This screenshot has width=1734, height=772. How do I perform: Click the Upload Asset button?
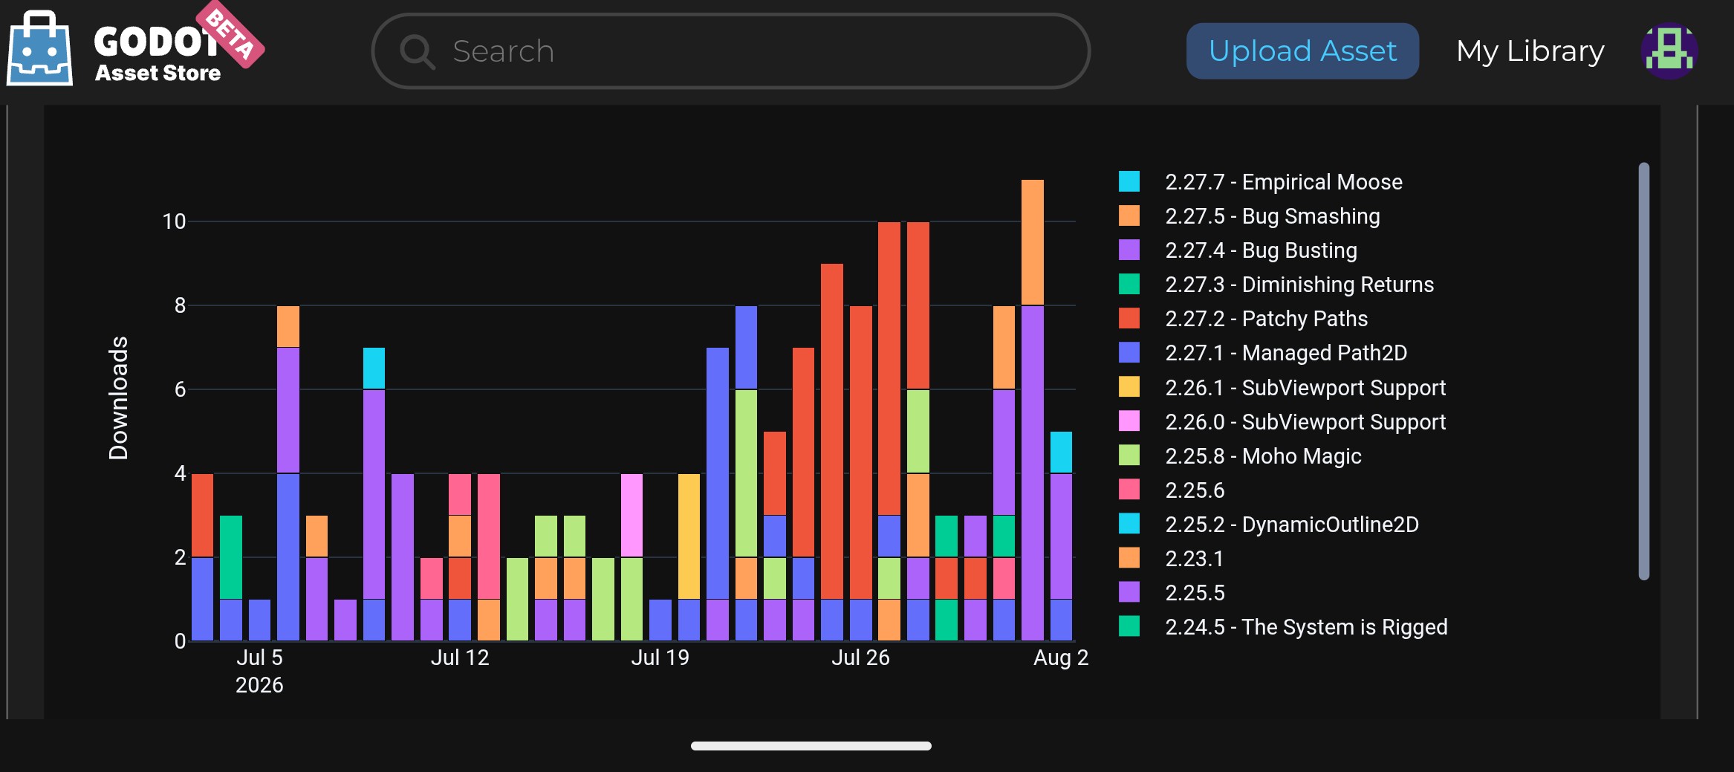point(1302,51)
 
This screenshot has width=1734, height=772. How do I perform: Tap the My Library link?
point(1530,51)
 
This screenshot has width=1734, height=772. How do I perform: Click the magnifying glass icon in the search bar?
point(418,51)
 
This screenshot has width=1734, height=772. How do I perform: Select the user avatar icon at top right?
point(1669,51)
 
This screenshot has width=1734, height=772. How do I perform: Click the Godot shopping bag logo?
point(39,48)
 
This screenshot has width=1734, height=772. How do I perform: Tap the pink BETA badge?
point(230,34)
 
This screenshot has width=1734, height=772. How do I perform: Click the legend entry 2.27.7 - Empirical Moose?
point(1261,182)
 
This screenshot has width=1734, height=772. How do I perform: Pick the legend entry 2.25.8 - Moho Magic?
point(1241,456)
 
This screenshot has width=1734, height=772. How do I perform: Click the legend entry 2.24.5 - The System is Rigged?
point(1283,627)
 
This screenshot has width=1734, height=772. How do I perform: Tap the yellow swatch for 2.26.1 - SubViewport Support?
point(1129,387)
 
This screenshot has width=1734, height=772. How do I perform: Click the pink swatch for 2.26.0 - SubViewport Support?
point(1129,421)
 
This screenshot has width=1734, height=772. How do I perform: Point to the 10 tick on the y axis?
point(174,221)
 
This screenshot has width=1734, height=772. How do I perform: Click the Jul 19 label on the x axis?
point(660,658)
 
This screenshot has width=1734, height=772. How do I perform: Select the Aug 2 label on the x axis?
point(1061,658)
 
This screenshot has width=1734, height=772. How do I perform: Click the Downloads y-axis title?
point(119,398)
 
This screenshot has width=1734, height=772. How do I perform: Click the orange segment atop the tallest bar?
point(1032,242)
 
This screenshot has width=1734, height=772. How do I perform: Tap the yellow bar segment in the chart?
point(689,536)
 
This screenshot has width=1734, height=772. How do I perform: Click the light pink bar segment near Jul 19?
point(631,516)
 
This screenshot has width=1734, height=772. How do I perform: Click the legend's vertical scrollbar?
point(1644,371)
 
